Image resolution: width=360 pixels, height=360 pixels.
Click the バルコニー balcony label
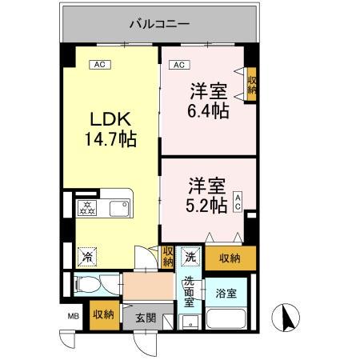click(160, 24)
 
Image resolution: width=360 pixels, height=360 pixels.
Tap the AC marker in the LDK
click(100, 64)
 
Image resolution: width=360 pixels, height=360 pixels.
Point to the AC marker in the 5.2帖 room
click(238, 201)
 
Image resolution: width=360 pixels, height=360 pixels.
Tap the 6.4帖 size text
click(210, 110)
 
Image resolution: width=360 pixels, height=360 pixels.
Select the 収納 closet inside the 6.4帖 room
click(251, 83)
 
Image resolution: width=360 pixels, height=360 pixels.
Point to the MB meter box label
click(72, 314)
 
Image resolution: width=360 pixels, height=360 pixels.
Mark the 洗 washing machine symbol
click(190, 256)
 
